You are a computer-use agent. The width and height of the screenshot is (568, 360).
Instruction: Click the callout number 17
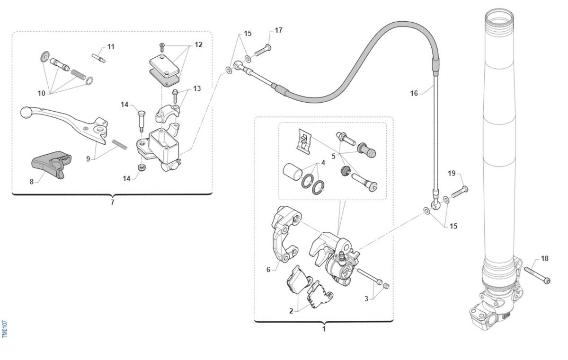coord(278,30)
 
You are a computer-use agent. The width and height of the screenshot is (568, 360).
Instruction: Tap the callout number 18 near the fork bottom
coord(544,258)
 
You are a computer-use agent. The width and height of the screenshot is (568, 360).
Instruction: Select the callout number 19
coord(452,174)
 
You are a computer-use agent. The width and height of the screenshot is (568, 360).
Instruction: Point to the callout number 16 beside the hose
coord(414,94)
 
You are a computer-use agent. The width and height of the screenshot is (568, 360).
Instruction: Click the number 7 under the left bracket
coord(112,202)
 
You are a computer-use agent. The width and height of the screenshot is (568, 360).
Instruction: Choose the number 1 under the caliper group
coord(324,328)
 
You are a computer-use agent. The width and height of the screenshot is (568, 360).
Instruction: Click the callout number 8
coord(32,181)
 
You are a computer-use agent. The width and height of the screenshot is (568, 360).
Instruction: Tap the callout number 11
coord(111,47)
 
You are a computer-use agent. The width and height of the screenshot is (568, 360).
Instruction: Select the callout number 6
coord(268,270)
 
